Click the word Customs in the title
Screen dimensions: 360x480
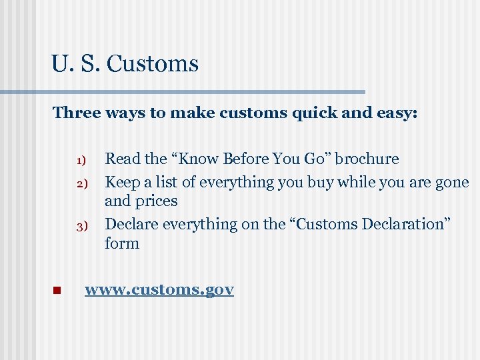coord(152,64)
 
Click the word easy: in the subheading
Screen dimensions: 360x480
coord(394,113)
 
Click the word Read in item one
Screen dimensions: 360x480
coord(123,159)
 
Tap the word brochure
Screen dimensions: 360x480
coord(367,159)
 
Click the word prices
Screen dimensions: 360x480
coord(156,201)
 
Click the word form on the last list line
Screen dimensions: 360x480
coord(122,243)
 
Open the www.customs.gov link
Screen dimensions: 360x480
coord(159,290)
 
